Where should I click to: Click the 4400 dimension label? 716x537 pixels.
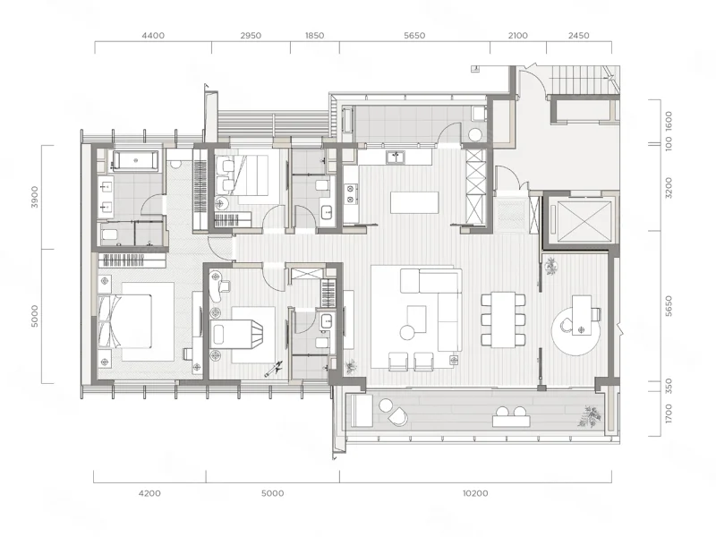pyautogui.click(x=153, y=36)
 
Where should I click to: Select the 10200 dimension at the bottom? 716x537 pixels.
pyautogui.click(x=475, y=493)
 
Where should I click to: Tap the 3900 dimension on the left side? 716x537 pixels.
pyautogui.click(x=35, y=197)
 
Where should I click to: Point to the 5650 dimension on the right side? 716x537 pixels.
pyautogui.click(x=669, y=306)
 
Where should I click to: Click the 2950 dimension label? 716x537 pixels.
pyautogui.click(x=251, y=36)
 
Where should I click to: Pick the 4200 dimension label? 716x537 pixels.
pyautogui.click(x=149, y=493)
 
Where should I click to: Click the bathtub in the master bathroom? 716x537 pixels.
pyautogui.click(x=136, y=161)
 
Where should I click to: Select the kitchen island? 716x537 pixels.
pyautogui.click(x=414, y=203)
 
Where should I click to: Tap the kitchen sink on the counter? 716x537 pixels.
pyautogui.click(x=396, y=158)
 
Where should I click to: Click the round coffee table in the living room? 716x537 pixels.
pyautogui.click(x=407, y=332)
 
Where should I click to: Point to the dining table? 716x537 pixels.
pyautogui.click(x=503, y=320)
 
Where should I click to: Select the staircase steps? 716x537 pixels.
pyautogui.click(x=580, y=79)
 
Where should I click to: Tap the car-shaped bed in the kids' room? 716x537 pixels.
pyautogui.click(x=237, y=335)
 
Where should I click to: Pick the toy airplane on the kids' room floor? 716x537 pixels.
pyautogui.click(x=274, y=369)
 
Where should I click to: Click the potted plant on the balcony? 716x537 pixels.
pyautogui.click(x=590, y=417)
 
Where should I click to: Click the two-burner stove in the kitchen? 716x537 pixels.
pyautogui.click(x=351, y=193)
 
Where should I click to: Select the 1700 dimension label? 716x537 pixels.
pyautogui.click(x=669, y=413)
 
